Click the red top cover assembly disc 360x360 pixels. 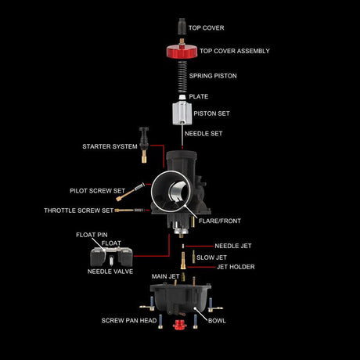(x=182, y=51)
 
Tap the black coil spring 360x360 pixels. (x=182, y=77)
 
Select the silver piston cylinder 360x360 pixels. (x=182, y=113)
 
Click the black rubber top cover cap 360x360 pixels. (x=182, y=27)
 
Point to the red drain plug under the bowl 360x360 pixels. (x=180, y=325)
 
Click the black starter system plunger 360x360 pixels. (x=144, y=145)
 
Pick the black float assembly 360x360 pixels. (x=111, y=257)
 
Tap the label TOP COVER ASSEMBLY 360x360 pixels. (x=235, y=51)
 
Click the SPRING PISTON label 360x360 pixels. (x=213, y=76)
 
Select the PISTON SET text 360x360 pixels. (x=211, y=113)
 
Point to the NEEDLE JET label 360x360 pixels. (x=233, y=246)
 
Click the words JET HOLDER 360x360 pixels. (x=236, y=267)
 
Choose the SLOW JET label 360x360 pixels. (x=211, y=257)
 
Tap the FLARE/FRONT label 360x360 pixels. (x=220, y=221)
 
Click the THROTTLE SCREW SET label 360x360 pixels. (x=79, y=211)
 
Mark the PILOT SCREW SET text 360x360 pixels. (x=98, y=191)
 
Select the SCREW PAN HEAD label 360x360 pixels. (x=129, y=321)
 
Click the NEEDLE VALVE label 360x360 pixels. (x=110, y=272)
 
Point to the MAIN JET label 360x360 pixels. (x=165, y=276)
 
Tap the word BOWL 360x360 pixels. (x=217, y=321)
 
